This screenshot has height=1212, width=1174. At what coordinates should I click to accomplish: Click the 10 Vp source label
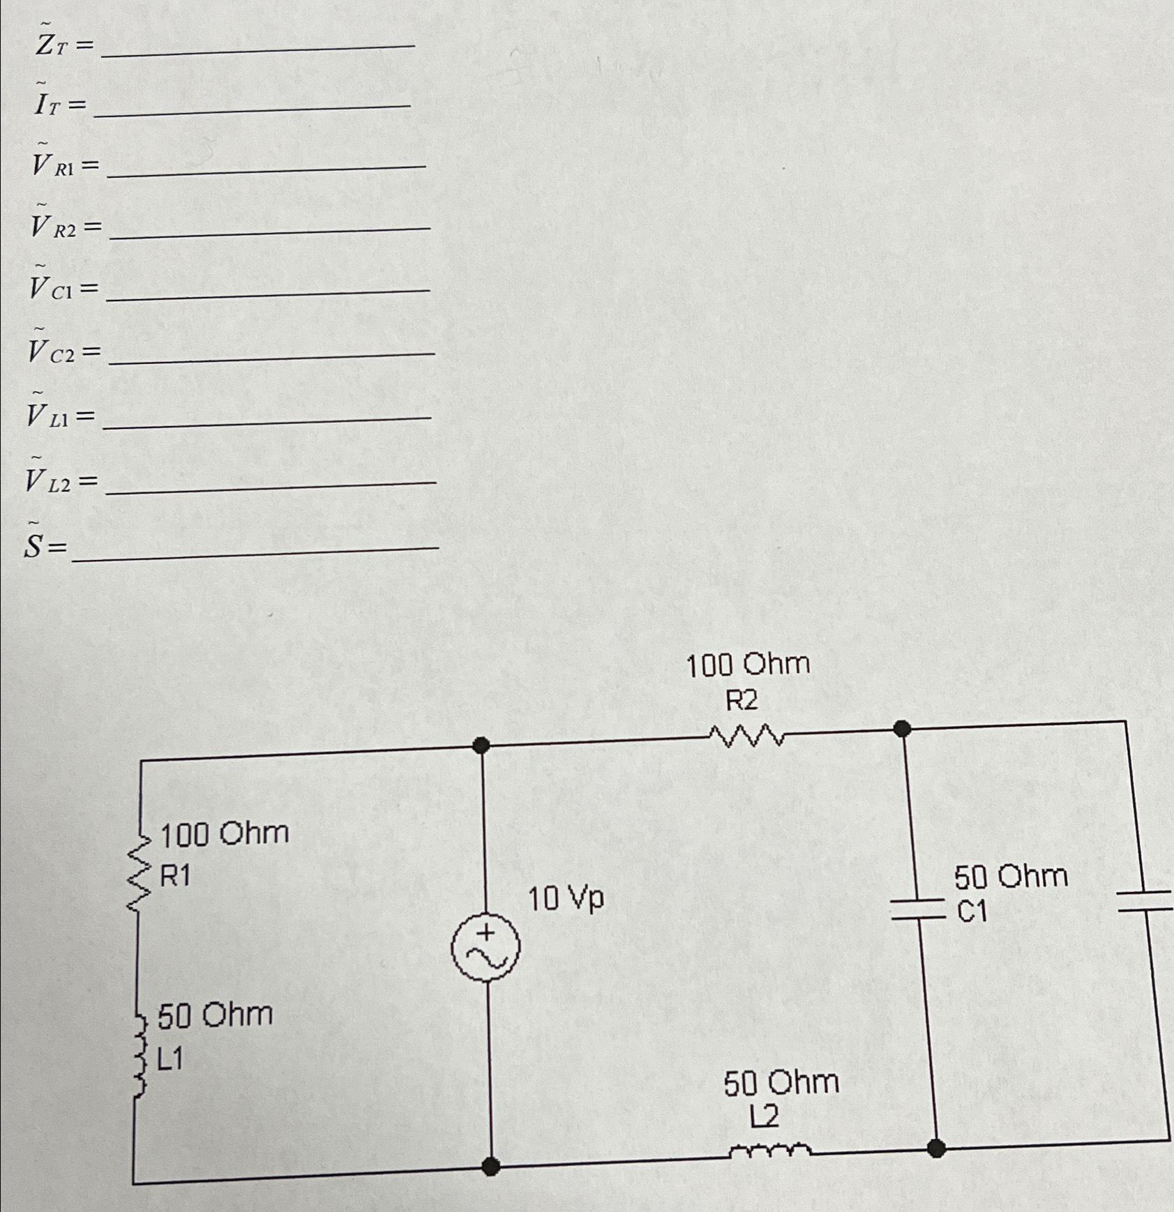coord(566,900)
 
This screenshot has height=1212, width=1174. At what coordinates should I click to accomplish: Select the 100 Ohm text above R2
coord(748,665)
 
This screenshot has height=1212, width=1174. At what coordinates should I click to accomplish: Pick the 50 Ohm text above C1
coord(1011,877)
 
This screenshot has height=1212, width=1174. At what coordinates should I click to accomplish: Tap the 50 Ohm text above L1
coord(215,1015)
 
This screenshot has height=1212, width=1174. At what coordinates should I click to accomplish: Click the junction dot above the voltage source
coord(481,745)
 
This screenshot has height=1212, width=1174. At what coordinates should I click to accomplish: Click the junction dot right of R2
coord(902,729)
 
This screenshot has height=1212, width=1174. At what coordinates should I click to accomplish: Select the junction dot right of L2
coord(937,1148)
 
